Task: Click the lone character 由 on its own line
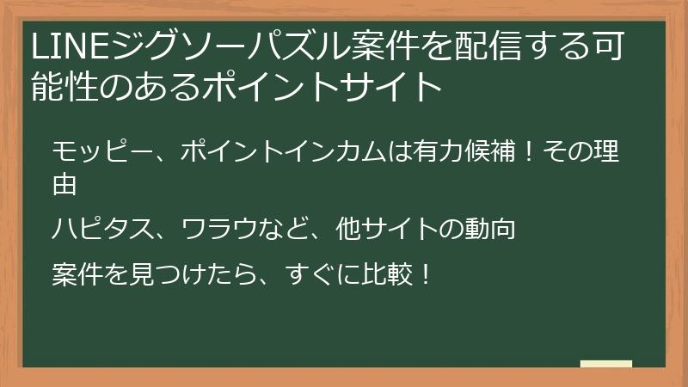[x=65, y=183]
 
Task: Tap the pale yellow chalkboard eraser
[x=606, y=364]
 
